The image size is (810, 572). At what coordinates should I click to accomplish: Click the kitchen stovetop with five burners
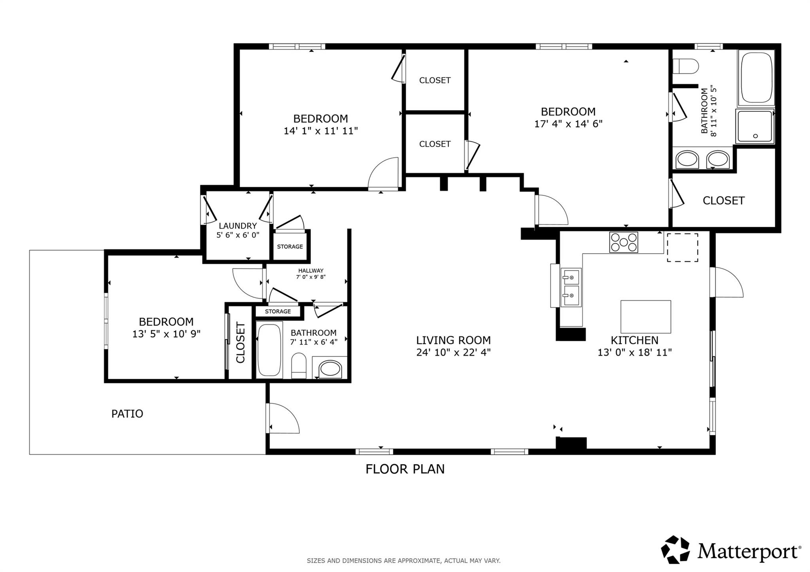[x=623, y=242]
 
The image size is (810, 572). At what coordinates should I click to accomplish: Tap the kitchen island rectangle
[x=645, y=316]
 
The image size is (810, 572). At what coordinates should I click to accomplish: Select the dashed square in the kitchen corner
[x=682, y=247]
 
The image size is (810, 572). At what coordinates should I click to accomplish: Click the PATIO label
[x=127, y=414]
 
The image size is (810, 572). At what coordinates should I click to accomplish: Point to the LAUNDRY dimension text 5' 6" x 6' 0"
[x=238, y=235]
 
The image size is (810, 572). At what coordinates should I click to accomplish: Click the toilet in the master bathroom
[x=685, y=66]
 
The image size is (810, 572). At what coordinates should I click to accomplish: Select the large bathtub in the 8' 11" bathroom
[x=756, y=77]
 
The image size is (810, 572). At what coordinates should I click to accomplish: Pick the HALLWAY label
[x=311, y=271]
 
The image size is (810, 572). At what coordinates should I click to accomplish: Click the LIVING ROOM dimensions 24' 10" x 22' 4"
[x=453, y=352]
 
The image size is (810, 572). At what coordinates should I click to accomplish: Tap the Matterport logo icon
[x=676, y=549]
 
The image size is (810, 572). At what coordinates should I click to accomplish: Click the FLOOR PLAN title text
[x=405, y=469]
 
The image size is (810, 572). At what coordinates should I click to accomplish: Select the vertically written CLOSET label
[x=240, y=342]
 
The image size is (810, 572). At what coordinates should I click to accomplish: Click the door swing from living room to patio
[x=283, y=419]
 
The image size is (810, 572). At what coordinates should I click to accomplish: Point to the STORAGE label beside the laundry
[x=290, y=246]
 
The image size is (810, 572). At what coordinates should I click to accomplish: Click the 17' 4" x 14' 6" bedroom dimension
[x=568, y=124]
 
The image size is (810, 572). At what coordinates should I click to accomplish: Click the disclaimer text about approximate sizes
[x=403, y=561]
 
